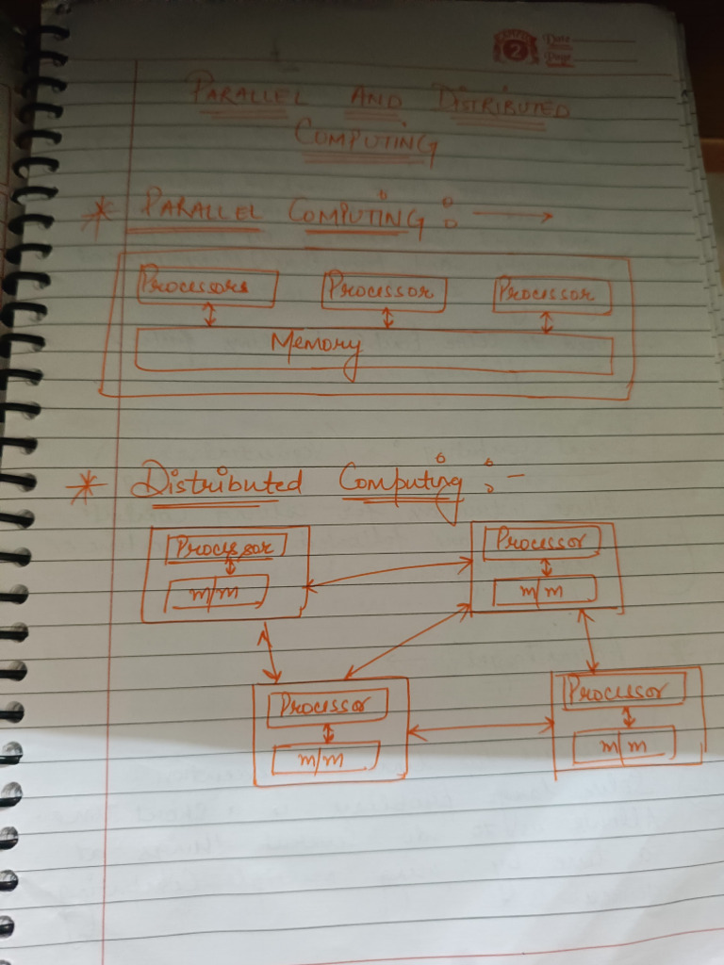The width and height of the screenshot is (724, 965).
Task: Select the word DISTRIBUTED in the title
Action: point(502,106)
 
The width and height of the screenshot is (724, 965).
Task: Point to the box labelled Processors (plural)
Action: point(206,286)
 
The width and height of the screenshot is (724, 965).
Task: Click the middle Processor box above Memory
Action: point(383,291)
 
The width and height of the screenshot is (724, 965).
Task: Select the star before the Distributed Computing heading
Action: point(86,487)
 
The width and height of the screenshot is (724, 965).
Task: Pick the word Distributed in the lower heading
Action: point(217,483)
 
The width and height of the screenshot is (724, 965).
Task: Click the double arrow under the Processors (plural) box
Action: point(210,317)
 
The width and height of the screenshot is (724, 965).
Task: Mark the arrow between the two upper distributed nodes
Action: point(387,574)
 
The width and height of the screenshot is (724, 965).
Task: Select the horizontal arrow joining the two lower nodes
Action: point(481,728)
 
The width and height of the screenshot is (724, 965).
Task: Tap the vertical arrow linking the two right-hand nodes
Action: point(589,642)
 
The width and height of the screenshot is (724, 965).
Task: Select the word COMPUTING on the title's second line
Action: point(366,139)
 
